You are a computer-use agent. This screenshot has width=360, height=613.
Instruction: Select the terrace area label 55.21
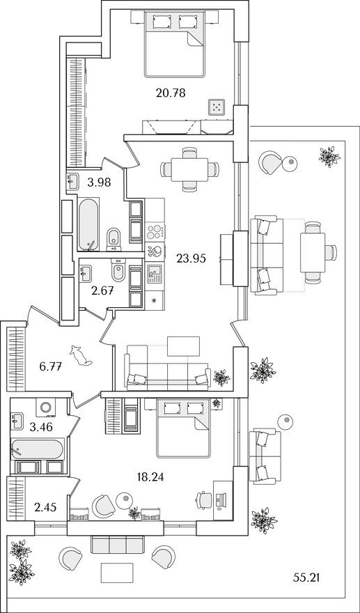pos(307,577)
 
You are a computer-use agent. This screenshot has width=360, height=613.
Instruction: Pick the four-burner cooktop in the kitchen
pos(154,231)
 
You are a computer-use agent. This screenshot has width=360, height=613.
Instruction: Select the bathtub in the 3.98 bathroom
pos(88,224)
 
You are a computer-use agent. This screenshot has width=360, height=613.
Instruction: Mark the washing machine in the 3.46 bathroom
pos(47,408)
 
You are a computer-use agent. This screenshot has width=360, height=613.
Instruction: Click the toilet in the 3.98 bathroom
pos(114,239)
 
